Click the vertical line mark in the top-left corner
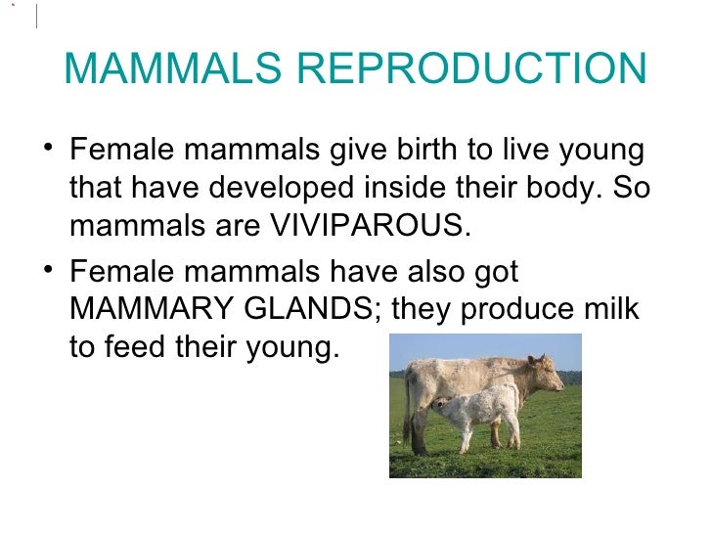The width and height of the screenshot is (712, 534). [35, 16]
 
